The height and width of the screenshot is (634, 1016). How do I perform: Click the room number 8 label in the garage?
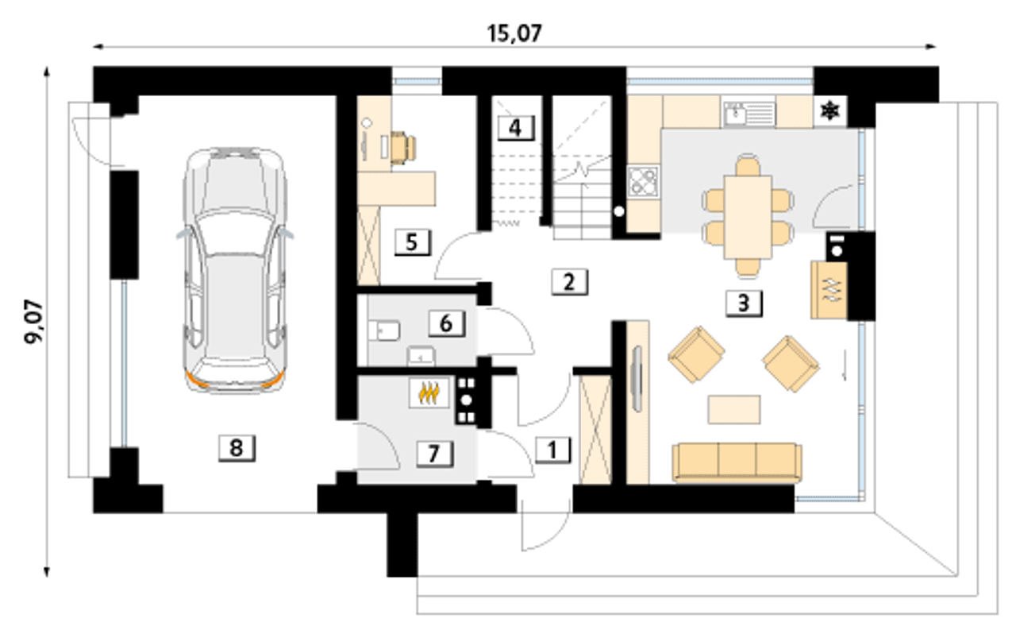pos(237,449)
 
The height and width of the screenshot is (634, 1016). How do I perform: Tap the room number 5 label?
pos(412,242)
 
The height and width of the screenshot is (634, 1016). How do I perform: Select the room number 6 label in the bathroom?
pos(447,324)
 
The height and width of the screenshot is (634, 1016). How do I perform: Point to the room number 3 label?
pos(744,303)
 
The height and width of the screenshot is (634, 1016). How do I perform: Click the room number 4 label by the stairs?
pos(516,129)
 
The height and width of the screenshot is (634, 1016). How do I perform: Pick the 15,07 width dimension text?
pos(514,33)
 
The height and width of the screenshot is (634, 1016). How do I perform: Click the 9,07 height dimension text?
pos(33,322)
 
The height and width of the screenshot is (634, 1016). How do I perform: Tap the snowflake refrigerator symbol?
pos(830,110)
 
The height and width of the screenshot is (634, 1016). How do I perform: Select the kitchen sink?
pos(749,113)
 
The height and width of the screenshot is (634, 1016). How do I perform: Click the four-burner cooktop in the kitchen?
pos(643,181)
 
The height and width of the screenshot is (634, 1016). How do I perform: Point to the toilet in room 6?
pos(383,331)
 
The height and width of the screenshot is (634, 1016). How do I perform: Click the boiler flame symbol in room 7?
pos(429,392)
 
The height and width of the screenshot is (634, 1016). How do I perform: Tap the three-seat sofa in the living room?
pos(737,462)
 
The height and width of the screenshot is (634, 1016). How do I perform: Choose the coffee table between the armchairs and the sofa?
pos(734,410)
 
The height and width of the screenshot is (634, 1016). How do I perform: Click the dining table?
pos(748,218)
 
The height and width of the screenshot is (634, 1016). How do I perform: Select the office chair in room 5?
pos(402,147)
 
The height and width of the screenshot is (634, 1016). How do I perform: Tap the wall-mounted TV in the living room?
pos(637,379)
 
